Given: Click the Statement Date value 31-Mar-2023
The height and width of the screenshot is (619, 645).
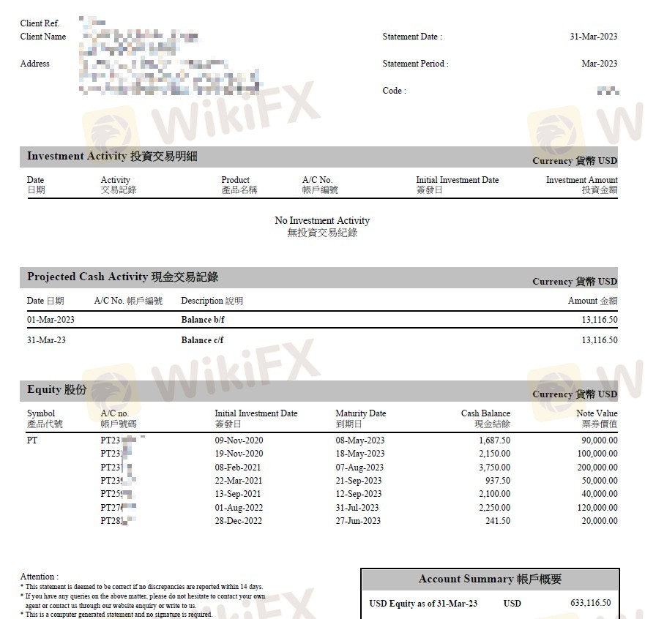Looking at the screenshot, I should [x=593, y=37].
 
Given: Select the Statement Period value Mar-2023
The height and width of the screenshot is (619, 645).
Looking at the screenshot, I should [x=599, y=64].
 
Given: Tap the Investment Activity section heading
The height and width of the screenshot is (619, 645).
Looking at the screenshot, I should [x=112, y=156].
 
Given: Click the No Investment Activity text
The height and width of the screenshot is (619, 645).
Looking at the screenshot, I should [x=322, y=220].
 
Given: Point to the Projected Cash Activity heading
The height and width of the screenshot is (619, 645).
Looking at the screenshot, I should [x=122, y=277].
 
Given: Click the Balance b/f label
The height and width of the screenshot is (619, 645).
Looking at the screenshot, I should [x=202, y=320].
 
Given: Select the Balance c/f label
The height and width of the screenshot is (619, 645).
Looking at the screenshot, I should [x=202, y=340].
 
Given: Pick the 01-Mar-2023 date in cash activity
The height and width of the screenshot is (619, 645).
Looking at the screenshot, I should [x=51, y=320].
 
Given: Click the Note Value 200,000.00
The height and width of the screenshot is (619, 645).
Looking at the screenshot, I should [x=597, y=468].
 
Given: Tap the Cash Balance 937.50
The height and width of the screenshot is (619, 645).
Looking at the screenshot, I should [x=496, y=481].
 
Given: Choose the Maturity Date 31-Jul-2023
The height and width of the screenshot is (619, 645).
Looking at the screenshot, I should [x=357, y=508].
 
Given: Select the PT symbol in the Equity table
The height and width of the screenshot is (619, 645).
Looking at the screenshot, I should [x=32, y=440].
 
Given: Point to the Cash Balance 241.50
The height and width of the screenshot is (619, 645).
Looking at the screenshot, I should [x=498, y=521].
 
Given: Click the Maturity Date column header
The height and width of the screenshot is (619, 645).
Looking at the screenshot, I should [x=360, y=413].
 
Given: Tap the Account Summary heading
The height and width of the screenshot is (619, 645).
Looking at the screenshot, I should [x=490, y=579].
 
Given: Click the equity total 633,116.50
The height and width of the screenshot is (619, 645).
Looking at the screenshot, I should [x=590, y=604].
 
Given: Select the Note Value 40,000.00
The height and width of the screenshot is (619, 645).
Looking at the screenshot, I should [x=599, y=494].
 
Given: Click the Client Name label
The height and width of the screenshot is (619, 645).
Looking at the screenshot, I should [x=43, y=37].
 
